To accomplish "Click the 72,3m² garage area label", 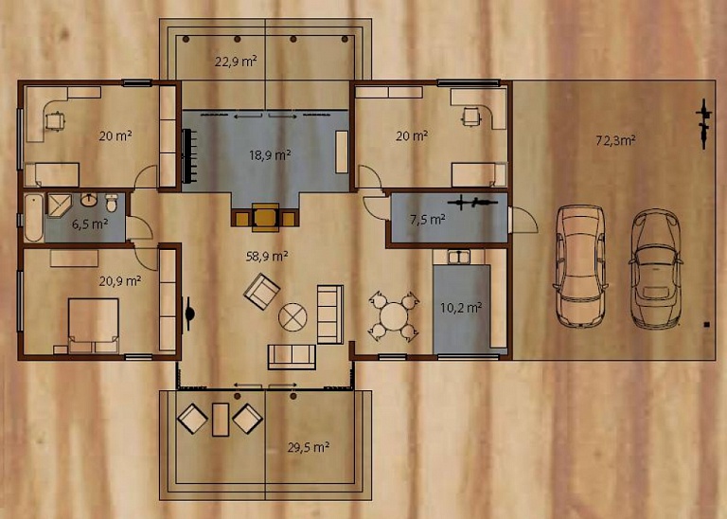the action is [x=615, y=140].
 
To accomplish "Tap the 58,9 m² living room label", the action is [x=268, y=256].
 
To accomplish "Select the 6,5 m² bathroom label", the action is [x=90, y=224].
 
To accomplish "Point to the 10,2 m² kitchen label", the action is [x=461, y=308].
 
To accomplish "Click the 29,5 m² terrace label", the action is [x=309, y=448].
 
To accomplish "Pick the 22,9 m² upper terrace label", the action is [x=236, y=62].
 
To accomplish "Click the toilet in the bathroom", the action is [x=112, y=203].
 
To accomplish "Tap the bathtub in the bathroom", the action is [x=34, y=218].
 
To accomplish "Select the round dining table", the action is [x=393, y=316].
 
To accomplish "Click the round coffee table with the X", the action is [x=293, y=317].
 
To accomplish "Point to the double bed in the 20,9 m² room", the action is [x=94, y=326].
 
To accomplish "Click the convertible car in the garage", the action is [x=656, y=269].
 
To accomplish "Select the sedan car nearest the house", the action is [x=580, y=266].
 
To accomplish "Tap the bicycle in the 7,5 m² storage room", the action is [x=472, y=203].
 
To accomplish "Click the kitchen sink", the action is [x=459, y=257].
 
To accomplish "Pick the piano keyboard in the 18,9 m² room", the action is [x=188, y=156].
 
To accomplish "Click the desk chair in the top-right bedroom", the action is [x=471, y=116].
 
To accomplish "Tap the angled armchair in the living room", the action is [x=262, y=292].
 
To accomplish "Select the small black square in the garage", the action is [x=706, y=325].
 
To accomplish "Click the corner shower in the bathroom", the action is [x=58, y=205].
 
